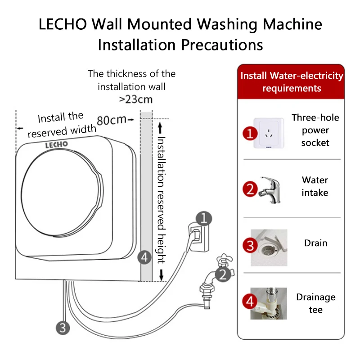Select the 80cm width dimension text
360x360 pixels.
point(112,120)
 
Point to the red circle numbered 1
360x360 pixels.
point(250,133)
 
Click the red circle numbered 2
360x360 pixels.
point(250,189)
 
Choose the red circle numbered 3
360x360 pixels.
point(250,245)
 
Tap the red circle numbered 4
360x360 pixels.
point(250,301)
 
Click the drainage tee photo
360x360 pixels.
point(269,303)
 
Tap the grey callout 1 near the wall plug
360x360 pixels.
point(204,219)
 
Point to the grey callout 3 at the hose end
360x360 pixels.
point(63,327)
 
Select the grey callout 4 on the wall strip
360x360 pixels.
point(144,258)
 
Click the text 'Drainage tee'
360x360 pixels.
point(315,303)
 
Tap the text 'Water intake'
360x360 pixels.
point(315,186)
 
